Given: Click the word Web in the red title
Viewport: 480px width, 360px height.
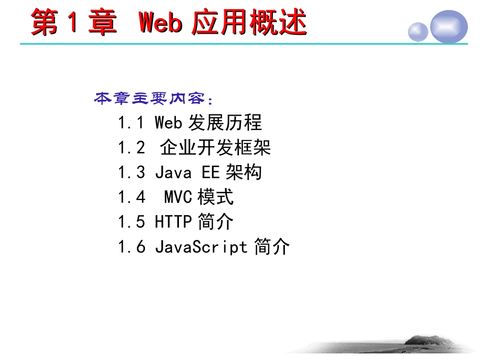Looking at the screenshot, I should [x=160, y=23].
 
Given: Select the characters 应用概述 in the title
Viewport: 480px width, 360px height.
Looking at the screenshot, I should [x=249, y=23].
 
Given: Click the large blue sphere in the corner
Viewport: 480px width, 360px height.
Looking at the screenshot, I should [x=449, y=26].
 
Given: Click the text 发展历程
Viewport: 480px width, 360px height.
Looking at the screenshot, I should [x=225, y=123].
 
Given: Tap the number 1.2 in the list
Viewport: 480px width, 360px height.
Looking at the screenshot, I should [x=131, y=147].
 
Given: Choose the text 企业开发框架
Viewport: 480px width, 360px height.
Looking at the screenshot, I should [x=216, y=147].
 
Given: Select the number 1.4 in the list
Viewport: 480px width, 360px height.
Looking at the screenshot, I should [x=131, y=197].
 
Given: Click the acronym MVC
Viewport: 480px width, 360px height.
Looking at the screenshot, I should [x=178, y=197].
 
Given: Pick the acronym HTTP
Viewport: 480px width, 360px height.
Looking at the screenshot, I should [x=173, y=222].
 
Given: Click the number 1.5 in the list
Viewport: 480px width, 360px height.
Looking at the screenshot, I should [x=131, y=222].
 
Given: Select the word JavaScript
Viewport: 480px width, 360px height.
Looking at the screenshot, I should [x=201, y=247].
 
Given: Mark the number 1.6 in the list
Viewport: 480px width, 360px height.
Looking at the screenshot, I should [x=131, y=247].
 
